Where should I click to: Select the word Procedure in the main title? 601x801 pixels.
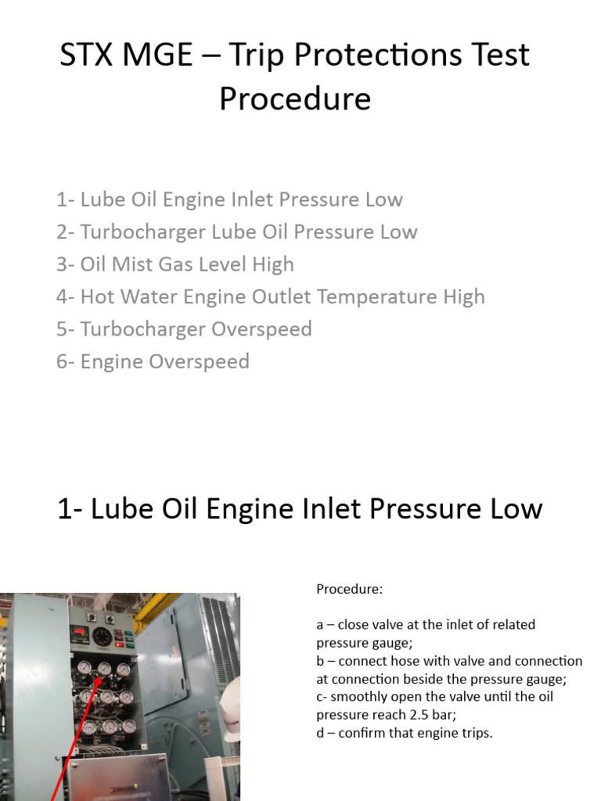pos(295,99)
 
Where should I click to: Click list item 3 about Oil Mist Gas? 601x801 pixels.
pos(175,264)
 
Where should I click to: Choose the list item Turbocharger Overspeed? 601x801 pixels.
pos(184,329)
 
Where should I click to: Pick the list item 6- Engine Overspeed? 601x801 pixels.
pos(153,361)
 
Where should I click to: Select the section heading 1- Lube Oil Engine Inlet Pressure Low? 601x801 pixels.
pos(300,508)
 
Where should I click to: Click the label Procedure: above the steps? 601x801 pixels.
pos(349,589)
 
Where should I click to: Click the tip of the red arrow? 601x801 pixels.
pos(101,673)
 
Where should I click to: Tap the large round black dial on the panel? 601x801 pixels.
pos(102,636)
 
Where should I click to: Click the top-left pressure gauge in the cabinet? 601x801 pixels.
pos(85,668)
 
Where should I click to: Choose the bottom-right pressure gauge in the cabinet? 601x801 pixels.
pos(128,726)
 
